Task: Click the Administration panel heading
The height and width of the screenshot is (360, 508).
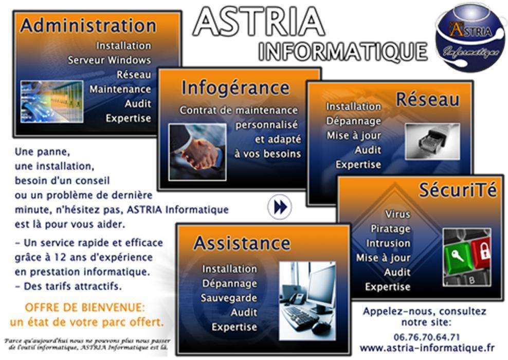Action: click(x=88, y=26)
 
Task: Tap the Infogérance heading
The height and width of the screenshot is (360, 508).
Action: click(x=235, y=88)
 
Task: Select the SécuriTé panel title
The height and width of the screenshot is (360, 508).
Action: click(x=458, y=190)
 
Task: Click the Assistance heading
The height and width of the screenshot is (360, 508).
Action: click(x=242, y=243)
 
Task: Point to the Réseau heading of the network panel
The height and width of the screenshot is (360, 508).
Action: click(x=428, y=99)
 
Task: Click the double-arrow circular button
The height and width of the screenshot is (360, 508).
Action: click(x=280, y=207)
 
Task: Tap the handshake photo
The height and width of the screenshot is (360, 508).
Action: click(x=197, y=152)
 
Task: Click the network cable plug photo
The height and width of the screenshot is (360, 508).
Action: click(x=432, y=141)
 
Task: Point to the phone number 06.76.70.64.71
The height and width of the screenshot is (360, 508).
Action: click(x=427, y=337)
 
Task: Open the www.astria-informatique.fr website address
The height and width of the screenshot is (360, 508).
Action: click(x=427, y=348)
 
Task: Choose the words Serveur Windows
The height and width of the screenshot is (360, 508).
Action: click(x=110, y=60)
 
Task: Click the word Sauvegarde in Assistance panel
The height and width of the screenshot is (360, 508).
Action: click(x=229, y=298)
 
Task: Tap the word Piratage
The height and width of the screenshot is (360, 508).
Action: click(x=390, y=228)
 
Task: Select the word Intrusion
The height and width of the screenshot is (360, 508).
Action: click(x=388, y=243)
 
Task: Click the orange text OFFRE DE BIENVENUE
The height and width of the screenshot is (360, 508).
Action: click(x=85, y=307)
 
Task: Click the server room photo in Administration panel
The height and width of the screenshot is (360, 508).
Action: click(x=52, y=102)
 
